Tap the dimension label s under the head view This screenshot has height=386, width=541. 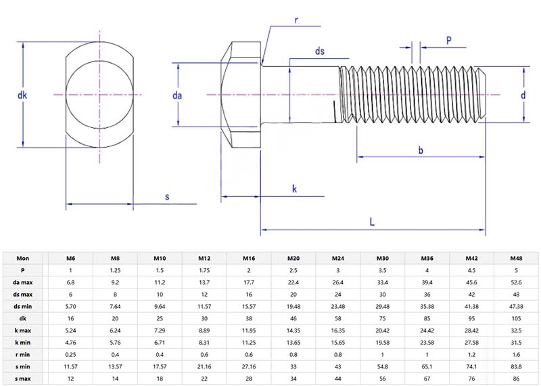point(167,196)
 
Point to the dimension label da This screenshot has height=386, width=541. point(177,96)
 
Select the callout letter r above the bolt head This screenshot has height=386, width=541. point(296,19)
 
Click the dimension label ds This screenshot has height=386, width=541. point(321,52)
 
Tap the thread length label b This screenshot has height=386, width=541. point(421,150)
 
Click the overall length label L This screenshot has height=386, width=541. point(372,221)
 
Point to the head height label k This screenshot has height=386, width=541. point(295,189)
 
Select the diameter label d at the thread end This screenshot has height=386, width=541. point(523,95)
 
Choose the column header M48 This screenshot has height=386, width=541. point(516,258)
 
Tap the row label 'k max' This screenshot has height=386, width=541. point(23,330)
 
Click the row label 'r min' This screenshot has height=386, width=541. point(23,355)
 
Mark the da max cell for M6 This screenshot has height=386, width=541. point(70,282)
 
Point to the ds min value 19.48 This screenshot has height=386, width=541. point(293,307)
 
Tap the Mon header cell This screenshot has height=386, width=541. point(23,258)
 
